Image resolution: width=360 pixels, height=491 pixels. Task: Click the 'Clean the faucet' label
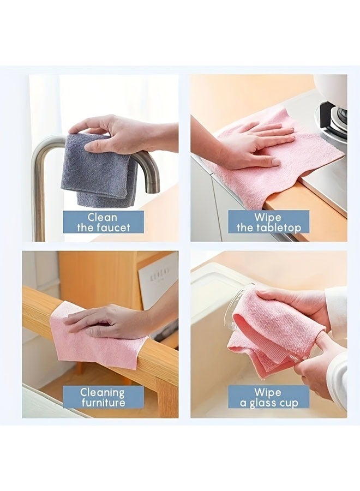coord(103,221)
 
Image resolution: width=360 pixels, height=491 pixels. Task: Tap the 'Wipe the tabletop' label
coord(268,221)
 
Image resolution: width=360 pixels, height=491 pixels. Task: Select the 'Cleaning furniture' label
coord(103,397)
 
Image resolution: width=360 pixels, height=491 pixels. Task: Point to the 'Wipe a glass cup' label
coord(268,397)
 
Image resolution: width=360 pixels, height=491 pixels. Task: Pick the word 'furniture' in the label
coord(103,402)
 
